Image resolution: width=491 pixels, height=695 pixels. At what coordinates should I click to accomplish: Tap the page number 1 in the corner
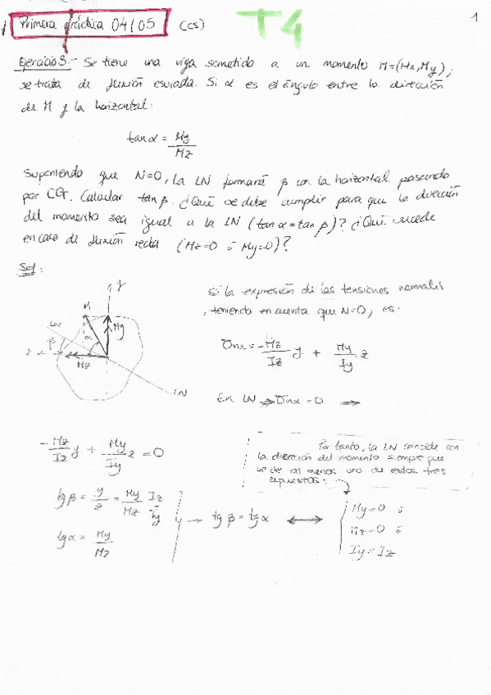(x=475, y=16)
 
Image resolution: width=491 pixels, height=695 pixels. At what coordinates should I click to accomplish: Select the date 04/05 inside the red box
(x=134, y=24)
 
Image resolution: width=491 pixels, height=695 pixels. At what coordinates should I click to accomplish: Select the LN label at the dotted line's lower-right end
(x=181, y=393)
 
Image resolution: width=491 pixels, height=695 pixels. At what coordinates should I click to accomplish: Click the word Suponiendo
(x=53, y=176)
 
